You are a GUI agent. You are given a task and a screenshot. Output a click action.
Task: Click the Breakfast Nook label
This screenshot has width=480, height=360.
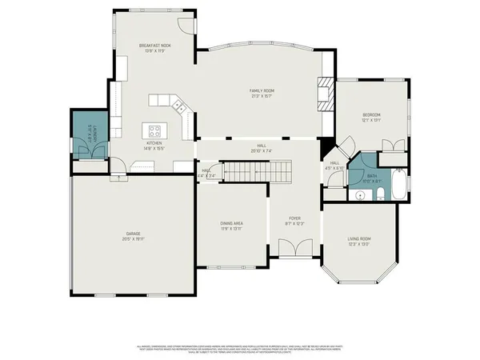155,46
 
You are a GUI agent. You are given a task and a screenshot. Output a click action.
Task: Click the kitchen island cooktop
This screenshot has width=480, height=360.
154,131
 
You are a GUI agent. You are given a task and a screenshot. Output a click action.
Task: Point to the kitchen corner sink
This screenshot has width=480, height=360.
179,105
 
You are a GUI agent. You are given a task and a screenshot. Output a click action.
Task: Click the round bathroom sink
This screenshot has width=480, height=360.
358,193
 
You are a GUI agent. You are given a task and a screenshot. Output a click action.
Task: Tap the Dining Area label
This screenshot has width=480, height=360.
231,224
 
